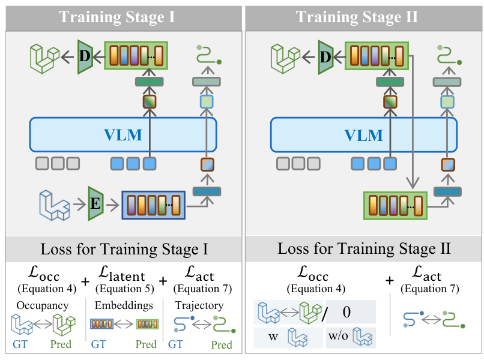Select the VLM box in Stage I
point(123,134)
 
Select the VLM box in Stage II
point(363,134)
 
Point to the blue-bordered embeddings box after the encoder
point(153,205)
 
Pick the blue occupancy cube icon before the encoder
point(53,204)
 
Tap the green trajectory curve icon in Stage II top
point(447,56)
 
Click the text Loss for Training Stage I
point(123,248)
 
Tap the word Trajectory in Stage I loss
point(199,306)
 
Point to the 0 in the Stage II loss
point(346,312)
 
